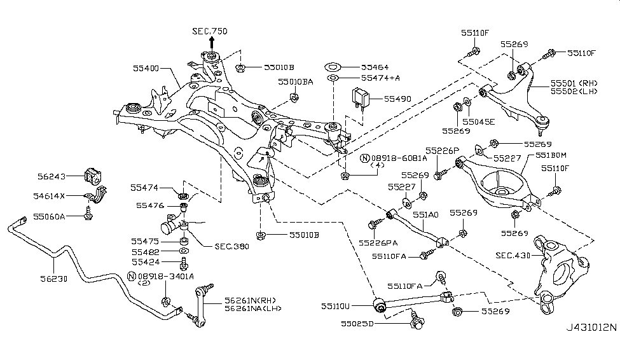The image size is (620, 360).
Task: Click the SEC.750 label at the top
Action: point(209,31)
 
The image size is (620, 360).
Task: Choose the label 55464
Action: point(375,67)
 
